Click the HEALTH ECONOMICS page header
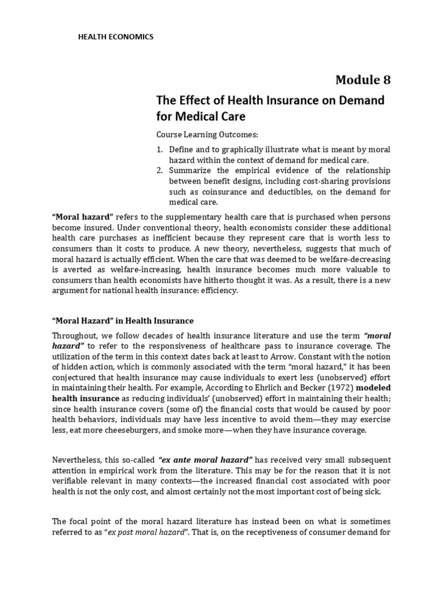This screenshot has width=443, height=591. [x=115, y=36]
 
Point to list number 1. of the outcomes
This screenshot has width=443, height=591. [x=160, y=149]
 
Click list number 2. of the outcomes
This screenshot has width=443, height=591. [x=160, y=170]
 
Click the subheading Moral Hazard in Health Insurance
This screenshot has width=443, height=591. [x=123, y=320]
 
